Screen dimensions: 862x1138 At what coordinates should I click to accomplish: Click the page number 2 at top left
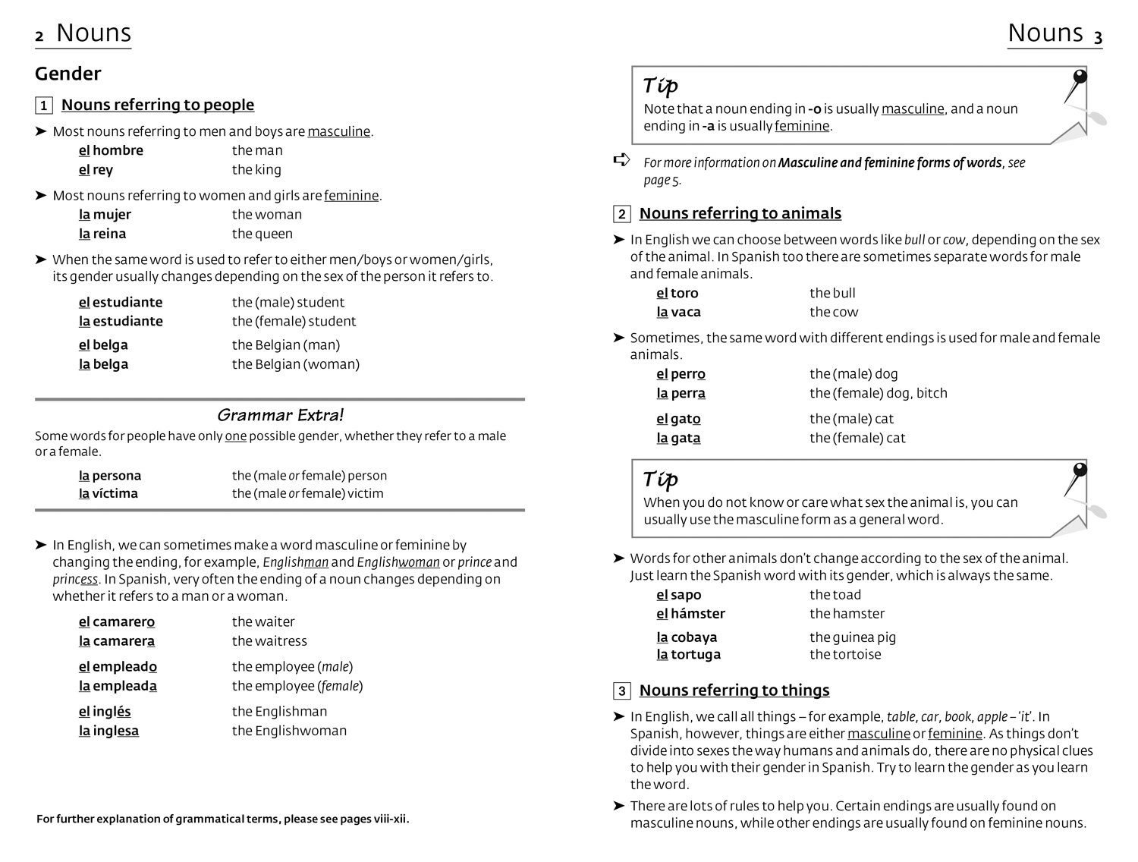pos(39,36)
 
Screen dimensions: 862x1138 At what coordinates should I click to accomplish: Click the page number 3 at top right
pos(1098,36)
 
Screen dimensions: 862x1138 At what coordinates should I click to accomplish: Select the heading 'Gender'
pos(68,74)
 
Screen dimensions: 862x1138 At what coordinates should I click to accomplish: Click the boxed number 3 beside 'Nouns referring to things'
pos(622,691)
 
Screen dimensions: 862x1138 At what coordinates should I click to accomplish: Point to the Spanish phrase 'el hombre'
pos(111,150)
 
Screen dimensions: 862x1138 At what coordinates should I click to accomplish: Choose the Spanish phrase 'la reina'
pos(102,234)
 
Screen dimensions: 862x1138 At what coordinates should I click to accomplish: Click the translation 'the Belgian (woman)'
pos(296,364)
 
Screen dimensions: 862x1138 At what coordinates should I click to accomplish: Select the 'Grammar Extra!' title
pos(280,415)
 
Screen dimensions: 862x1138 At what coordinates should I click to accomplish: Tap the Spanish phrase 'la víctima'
pos(108,493)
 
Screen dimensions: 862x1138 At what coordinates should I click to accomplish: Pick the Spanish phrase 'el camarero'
pos(117,621)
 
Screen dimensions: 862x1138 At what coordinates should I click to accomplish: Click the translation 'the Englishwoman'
pos(289,731)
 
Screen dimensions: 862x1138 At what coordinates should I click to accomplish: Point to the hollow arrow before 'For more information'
pos(621,160)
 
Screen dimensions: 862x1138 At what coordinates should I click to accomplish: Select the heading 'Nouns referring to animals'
pos(740,213)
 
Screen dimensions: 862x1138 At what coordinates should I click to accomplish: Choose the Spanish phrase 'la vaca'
pos(678,312)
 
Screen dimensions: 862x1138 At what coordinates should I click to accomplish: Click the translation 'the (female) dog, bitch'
pos(879,393)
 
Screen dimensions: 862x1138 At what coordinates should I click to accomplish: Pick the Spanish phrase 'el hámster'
pos(690,613)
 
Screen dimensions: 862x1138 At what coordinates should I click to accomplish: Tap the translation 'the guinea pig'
pos(853,637)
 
